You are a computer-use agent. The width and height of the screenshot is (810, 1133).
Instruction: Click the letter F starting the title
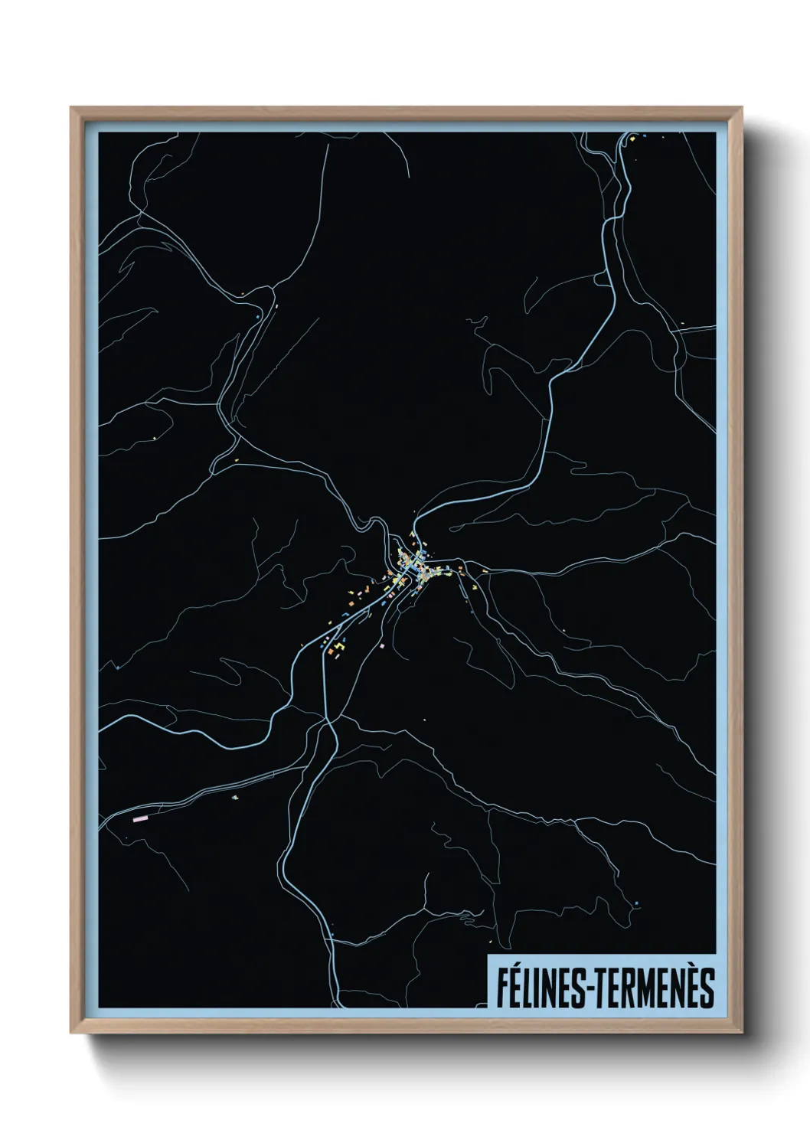(502, 988)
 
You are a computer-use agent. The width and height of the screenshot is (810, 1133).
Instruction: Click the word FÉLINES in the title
(540, 988)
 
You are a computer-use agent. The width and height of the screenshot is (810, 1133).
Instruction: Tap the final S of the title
(707, 988)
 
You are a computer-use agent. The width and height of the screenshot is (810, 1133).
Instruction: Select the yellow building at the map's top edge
(634, 139)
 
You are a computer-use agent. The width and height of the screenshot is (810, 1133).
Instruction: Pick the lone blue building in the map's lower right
(637, 903)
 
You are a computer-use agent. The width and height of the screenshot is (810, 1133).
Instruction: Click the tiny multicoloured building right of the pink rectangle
(236, 797)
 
